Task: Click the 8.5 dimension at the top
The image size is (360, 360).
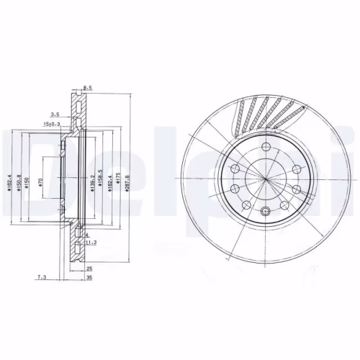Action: (x=88, y=87)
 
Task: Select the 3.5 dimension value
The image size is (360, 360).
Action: (x=55, y=114)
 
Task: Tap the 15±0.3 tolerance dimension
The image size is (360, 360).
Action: (x=52, y=125)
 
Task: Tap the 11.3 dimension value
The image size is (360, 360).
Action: (x=91, y=243)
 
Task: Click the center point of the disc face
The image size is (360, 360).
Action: (x=266, y=179)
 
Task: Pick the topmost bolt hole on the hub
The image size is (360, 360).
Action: (x=266, y=148)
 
